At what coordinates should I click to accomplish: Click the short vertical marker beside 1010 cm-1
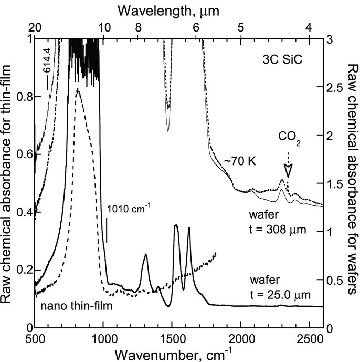[x=107, y=230]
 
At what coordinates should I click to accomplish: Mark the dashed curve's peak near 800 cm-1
[x=78, y=90]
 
